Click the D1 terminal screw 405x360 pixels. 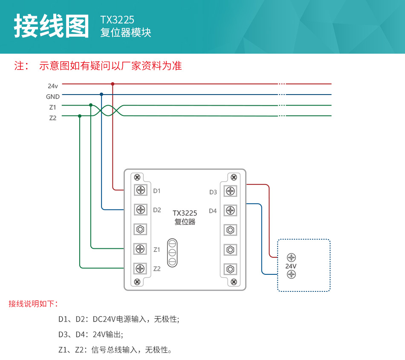[140, 190]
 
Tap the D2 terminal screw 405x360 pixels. [140, 210]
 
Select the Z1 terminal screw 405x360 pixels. [140, 249]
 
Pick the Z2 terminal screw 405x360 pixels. [140, 268]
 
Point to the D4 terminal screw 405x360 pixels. [230, 210]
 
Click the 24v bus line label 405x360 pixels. [53, 86]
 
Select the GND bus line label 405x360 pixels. [53, 97]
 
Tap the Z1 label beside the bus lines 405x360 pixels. [52, 107]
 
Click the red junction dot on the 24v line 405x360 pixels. [113, 84]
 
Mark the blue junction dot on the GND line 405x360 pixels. [101, 94]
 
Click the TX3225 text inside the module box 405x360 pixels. [185, 213]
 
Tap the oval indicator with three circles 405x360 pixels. [172, 253]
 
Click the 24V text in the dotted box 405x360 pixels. [291, 266]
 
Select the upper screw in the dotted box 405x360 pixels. [291, 257]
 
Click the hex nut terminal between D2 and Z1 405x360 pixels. [140, 229]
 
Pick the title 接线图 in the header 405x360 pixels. [51, 26]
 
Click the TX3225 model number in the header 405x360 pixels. [117, 20]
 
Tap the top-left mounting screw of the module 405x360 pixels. [137, 177]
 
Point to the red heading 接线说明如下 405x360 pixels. [33, 304]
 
